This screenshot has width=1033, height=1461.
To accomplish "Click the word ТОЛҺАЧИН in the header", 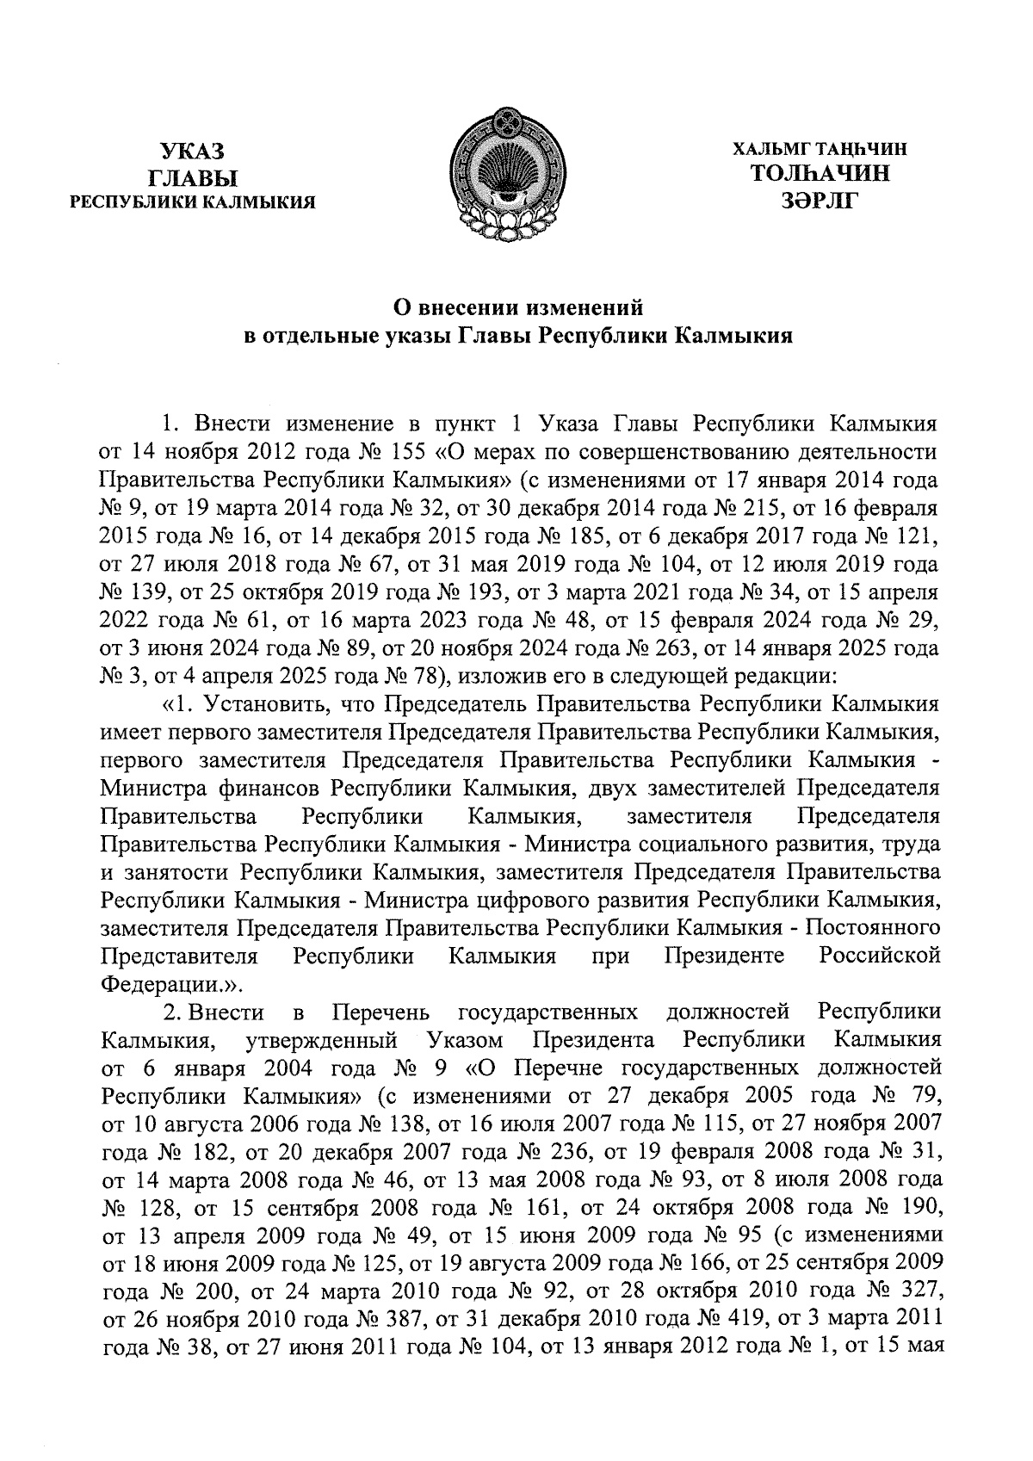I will [x=820, y=173].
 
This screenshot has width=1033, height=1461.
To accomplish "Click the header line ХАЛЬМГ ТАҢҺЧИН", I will [x=820, y=149].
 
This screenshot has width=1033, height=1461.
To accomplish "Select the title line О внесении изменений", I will [x=519, y=306].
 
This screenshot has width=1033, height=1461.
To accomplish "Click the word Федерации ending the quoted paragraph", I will [x=154, y=982].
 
